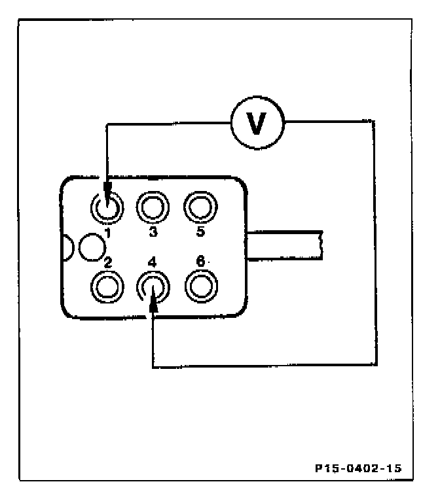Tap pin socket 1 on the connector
tap(106, 208)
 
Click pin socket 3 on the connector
tap(152, 208)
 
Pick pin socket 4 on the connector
tap(152, 286)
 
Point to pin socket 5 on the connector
tap(198, 208)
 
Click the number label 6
tap(200, 262)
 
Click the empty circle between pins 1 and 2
tap(91, 247)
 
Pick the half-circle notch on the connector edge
tap(66, 247)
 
